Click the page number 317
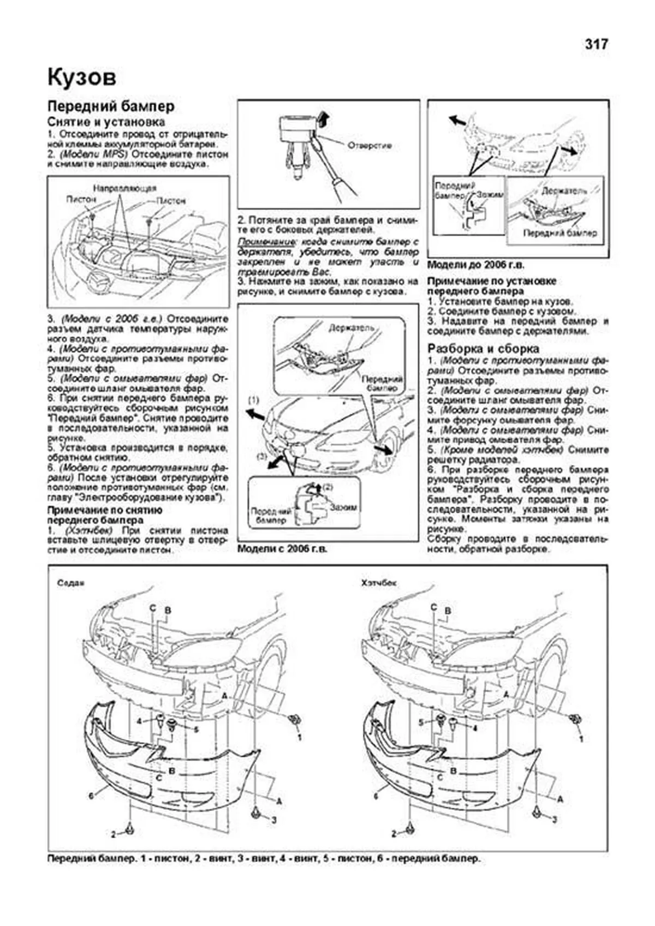click(596, 44)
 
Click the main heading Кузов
click(82, 77)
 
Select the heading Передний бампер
click(111, 106)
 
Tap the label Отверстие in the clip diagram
click(370, 146)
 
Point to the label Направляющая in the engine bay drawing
click(124, 188)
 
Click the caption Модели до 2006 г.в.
click(475, 265)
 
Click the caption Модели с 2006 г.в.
click(282, 549)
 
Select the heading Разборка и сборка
click(483, 348)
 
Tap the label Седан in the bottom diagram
click(71, 583)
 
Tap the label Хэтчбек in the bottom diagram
click(378, 583)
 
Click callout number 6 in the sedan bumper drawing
click(91, 796)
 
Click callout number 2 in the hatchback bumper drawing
click(393, 850)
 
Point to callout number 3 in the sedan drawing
click(274, 835)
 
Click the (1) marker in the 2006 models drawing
click(253, 401)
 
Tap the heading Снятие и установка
click(106, 122)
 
